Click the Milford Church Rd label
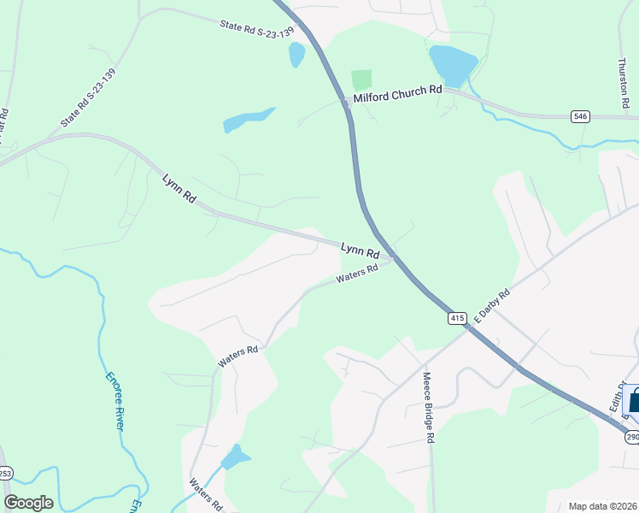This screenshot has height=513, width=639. click(397, 93)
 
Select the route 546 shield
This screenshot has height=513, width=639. click(581, 116)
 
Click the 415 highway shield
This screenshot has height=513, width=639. click(456, 318)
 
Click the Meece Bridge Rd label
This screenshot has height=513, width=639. click(428, 406)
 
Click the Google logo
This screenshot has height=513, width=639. click(29, 503)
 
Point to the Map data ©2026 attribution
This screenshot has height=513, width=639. click(601, 506)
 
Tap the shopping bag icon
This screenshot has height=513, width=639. click(634, 401)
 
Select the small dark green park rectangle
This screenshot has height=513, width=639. click(361, 80)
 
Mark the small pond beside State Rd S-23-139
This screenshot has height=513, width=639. click(296, 55)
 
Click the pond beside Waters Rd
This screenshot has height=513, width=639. click(235, 457)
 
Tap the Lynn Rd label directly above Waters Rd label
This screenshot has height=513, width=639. click(360, 250)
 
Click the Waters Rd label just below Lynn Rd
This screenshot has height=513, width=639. click(357, 274)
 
